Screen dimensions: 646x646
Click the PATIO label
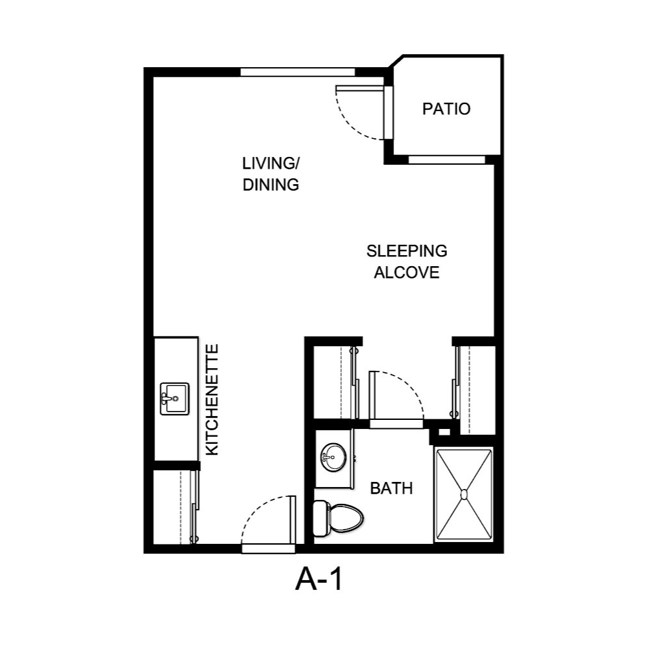tap(446, 109)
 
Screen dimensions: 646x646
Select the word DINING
tap(271, 185)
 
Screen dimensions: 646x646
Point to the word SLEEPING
tap(407, 250)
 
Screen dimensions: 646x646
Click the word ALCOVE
tap(407, 273)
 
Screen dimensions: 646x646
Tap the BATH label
tap(391, 488)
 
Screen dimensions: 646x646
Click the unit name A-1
tap(318, 580)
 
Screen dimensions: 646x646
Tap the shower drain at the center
tap(463, 495)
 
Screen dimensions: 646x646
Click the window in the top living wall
tap(298, 72)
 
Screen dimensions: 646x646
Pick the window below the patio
tap(446, 160)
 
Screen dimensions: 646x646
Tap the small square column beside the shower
tap(443, 432)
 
